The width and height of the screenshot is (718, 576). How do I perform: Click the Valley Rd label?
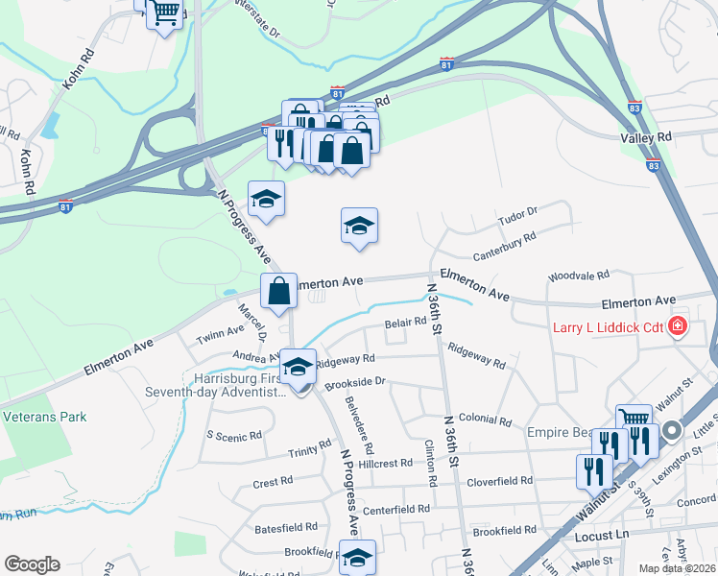tap(646, 138)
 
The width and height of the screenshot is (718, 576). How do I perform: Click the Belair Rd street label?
tap(404, 323)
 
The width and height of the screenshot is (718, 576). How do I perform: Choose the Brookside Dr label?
tap(354, 381)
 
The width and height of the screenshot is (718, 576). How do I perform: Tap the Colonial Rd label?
tap(485, 420)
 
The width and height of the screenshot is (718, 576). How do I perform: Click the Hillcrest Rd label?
tap(384, 463)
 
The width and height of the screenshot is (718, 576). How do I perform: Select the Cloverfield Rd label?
tap(499, 480)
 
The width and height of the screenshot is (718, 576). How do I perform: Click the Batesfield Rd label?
tap(286, 528)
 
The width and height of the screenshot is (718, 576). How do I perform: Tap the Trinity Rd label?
tap(309, 451)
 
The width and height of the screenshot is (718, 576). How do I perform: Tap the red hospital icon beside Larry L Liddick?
tap(678, 326)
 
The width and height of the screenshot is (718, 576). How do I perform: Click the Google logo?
tap(32, 564)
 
